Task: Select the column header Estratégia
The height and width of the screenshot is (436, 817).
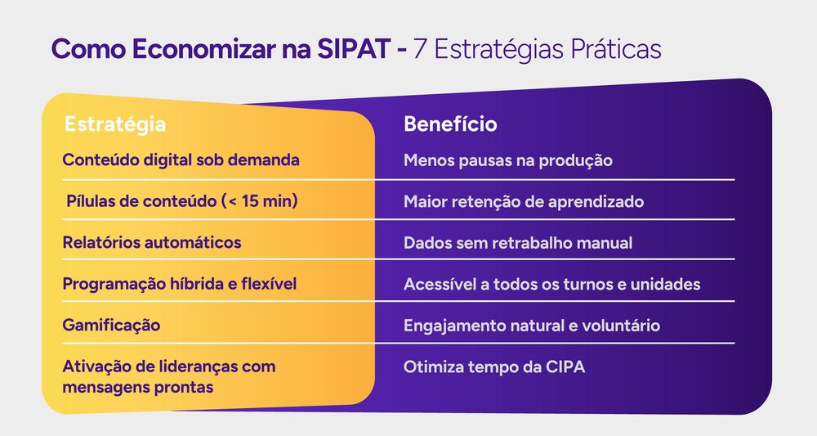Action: click(115, 124)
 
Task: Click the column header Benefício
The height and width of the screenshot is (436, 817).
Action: click(450, 124)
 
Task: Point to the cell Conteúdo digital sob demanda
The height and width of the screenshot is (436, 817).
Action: click(181, 160)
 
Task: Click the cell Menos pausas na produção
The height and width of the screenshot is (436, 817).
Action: click(507, 160)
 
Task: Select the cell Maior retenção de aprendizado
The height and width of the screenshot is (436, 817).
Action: click(524, 201)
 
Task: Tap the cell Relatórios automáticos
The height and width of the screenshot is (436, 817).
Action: click(152, 242)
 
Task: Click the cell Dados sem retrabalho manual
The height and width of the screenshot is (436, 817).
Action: click(518, 243)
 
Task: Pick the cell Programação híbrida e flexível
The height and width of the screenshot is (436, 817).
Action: click(179, 284)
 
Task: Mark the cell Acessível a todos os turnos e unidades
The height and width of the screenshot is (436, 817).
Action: click(551, 285)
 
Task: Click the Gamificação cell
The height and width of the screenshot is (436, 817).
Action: click(111, 325)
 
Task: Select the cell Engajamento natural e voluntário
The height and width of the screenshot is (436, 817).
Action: click(532, 326)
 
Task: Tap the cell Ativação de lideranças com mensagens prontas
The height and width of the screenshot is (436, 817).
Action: click(169, 376)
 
